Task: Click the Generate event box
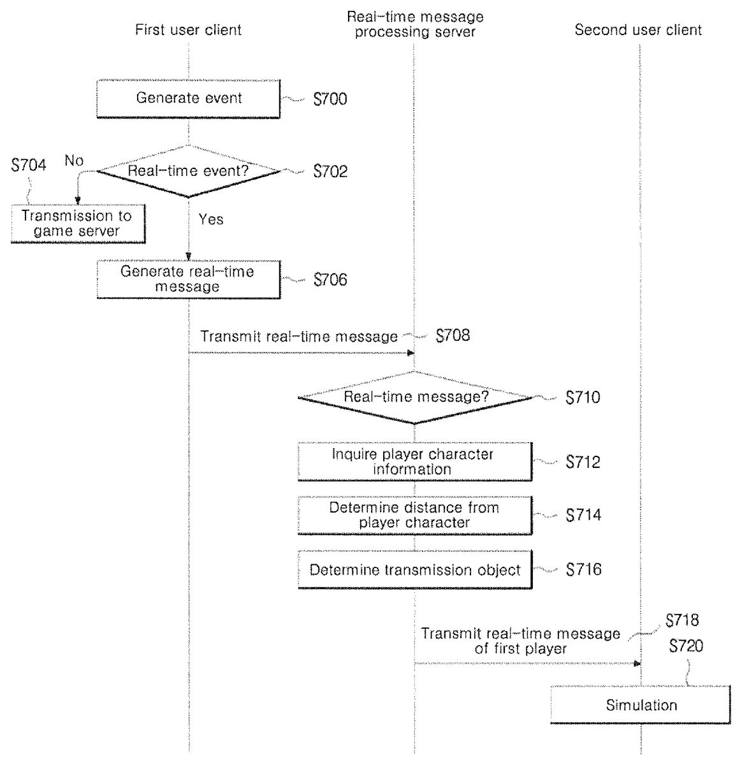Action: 189,99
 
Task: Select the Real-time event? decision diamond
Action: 189,171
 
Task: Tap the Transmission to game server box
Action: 77,224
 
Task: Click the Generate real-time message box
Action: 188,279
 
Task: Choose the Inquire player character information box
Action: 414,462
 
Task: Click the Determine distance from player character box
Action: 414,515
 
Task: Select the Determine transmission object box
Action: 414,570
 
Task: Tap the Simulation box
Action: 641,705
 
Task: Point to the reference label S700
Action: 330,99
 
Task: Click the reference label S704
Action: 29,166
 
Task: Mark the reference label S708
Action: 453,336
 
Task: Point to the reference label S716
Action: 583,569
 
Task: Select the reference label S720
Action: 686,646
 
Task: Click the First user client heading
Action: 188,30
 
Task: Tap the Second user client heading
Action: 638,30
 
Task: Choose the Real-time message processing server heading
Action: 415,24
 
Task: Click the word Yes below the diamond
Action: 211,219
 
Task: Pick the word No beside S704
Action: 74,161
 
